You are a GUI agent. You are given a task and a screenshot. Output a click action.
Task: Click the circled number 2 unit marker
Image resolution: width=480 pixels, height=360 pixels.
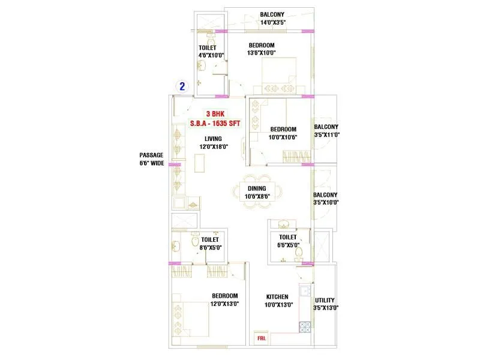[x=181, y=86]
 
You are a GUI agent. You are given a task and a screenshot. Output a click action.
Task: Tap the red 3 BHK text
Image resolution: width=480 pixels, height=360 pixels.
[x=217, y=113]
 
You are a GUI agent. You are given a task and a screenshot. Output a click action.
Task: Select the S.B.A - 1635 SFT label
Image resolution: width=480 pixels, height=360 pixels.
[x=216, y=123]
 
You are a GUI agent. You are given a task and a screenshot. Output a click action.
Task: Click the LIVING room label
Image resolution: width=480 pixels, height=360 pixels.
[x=213, y=139]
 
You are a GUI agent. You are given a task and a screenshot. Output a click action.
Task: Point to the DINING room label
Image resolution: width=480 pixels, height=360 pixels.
[x=257, y=188]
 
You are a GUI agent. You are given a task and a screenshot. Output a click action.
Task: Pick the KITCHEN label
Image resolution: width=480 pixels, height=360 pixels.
[x=277, y=296]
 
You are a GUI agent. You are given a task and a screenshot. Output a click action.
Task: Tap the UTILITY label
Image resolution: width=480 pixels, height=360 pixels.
[x=325, y=300]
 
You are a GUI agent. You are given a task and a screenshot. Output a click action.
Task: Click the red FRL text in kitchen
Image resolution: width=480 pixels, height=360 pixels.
[x=262, y=339]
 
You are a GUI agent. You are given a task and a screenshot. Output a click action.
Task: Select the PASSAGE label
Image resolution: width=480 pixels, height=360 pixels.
[x=151, y=155]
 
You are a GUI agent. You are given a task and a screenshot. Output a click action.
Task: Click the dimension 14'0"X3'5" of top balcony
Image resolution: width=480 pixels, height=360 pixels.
[x=272, y=23]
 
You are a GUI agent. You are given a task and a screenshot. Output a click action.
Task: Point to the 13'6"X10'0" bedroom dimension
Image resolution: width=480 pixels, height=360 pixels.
[x=262, y=53]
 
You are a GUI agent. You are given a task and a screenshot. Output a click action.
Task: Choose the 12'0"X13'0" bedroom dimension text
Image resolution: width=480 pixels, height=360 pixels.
[x=225, y=304]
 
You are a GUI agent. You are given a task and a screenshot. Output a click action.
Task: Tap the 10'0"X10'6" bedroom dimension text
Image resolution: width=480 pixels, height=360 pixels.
[x=283, y=137]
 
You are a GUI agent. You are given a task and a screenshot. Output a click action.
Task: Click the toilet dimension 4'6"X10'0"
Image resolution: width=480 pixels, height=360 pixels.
[x=207, y=56]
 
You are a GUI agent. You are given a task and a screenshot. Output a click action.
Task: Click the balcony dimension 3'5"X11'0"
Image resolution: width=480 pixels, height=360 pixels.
[x=326, y=135]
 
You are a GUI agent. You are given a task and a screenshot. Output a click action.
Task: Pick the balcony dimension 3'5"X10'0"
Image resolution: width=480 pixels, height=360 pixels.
[x=326, y=202]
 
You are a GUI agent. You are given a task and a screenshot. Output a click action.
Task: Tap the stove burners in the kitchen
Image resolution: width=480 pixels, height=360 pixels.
[x=304, y=328]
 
